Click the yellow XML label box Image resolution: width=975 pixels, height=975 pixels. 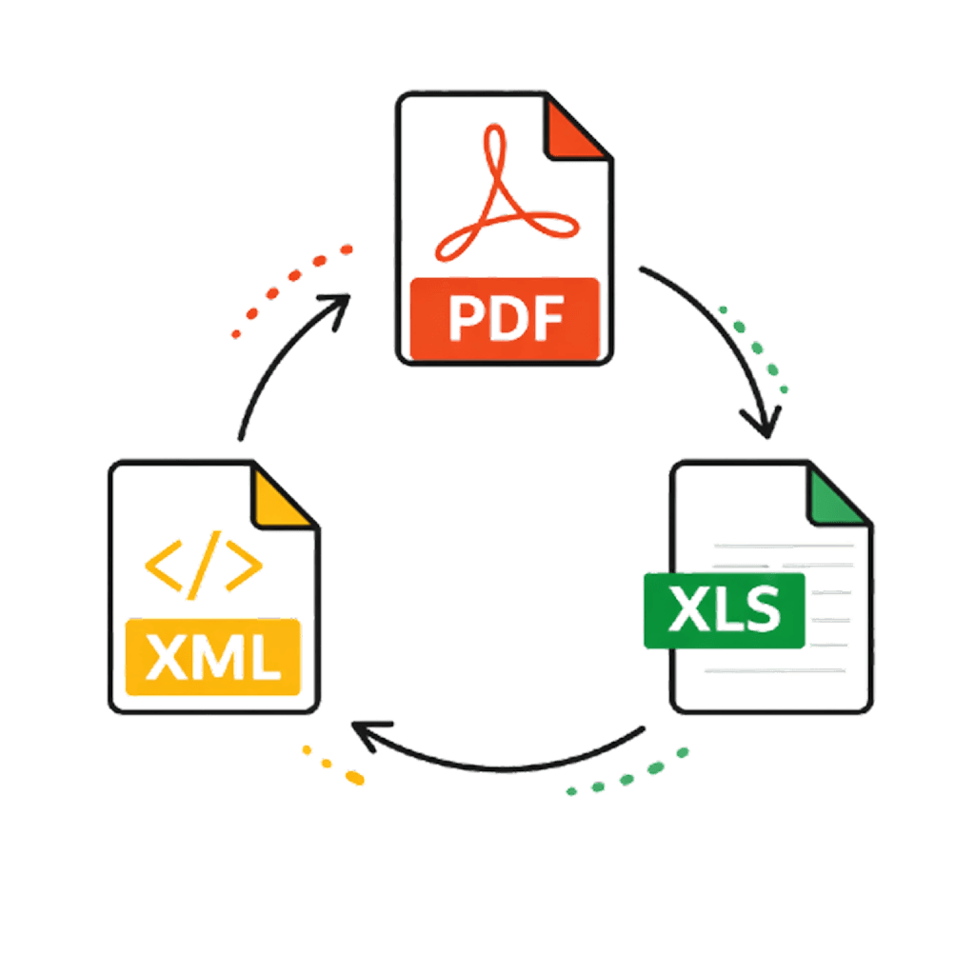point(213,658)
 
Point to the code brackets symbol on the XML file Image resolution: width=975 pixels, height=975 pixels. point(204,566)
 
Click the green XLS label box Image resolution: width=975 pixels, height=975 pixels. point(725,610)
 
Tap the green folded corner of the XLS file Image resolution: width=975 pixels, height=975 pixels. point(835,496)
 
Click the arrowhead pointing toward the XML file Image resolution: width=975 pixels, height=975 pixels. point(365,732)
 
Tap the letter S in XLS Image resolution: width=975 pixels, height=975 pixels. point(763,610)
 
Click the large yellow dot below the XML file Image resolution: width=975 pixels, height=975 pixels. point(354,778)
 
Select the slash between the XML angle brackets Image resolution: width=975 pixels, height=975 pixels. point(203,566)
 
